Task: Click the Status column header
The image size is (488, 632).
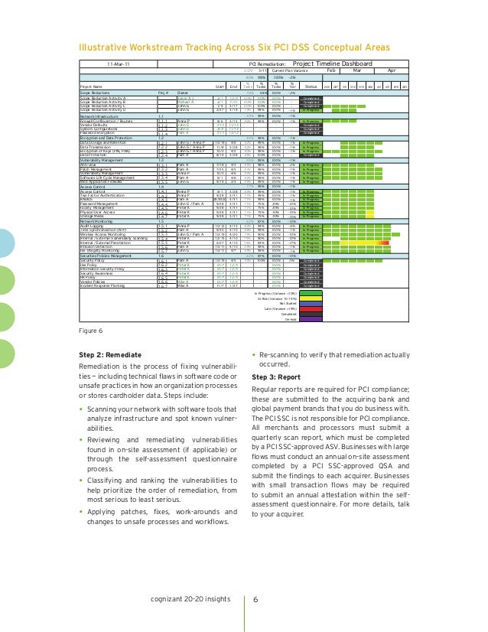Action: coord(308,86)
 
